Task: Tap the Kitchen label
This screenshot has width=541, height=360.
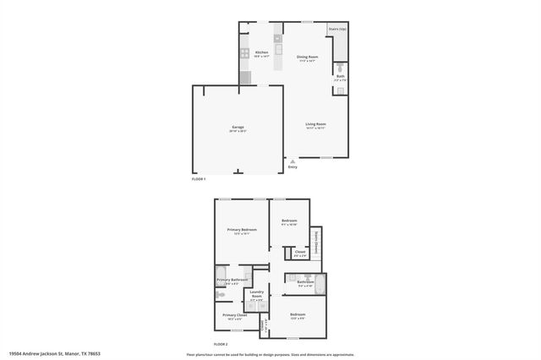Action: (261, 52)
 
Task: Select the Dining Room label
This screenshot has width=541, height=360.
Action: (305, 57)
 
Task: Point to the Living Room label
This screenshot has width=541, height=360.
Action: (315, 124)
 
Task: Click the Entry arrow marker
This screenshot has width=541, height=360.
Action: (292, 161)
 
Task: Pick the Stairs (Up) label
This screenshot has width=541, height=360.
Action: (337, 30)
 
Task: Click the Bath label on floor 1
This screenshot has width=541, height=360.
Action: (339, 77)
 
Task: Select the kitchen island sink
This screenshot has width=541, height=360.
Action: (276, 39)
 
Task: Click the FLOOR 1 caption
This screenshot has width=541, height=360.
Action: (199, 179)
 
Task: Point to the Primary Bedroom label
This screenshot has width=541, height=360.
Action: (242, 230)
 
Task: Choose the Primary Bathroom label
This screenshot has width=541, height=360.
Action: (232, 280)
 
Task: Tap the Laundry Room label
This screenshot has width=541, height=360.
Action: (257, 293)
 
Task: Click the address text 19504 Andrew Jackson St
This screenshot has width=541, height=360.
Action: (46, 353)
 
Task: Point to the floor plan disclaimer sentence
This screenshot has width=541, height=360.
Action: (267, 353)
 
